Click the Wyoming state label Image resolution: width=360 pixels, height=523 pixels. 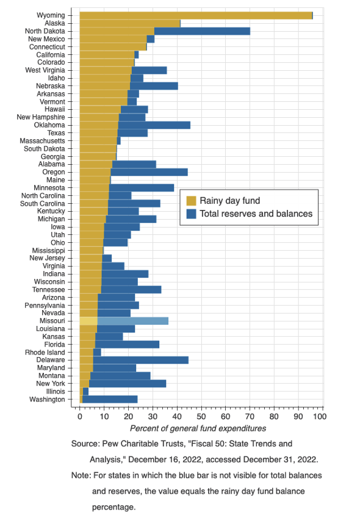pos(51,15)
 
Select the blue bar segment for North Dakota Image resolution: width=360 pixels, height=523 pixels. pos(202,31)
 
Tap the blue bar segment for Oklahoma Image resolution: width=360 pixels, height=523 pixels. pos(154,125)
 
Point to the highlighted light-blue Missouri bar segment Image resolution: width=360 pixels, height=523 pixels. pos(133,321)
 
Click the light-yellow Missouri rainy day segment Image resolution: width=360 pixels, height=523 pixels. pos(88,321)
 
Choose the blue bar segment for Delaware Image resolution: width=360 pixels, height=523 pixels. pos(141,360)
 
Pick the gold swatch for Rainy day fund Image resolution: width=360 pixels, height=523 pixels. pos(191,201)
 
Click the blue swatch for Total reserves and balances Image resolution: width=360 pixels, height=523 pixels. pos(191,214)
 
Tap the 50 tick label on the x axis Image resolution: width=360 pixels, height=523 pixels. pos(201,416)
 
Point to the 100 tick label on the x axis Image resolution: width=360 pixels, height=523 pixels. pos(320,416)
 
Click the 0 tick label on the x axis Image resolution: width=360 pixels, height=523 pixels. pos(80,416)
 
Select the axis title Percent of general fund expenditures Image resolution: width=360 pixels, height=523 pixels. pos(198,428)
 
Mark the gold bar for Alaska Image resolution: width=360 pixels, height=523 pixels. pos(130,23)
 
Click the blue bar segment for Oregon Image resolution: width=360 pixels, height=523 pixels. pos(149,172)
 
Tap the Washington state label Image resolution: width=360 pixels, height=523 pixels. pos(47,399)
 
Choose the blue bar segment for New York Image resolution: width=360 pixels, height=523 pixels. pos(128,384)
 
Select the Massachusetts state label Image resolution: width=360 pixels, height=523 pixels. pos(42,141)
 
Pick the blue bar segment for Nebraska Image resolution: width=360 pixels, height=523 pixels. pos(154,86)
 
